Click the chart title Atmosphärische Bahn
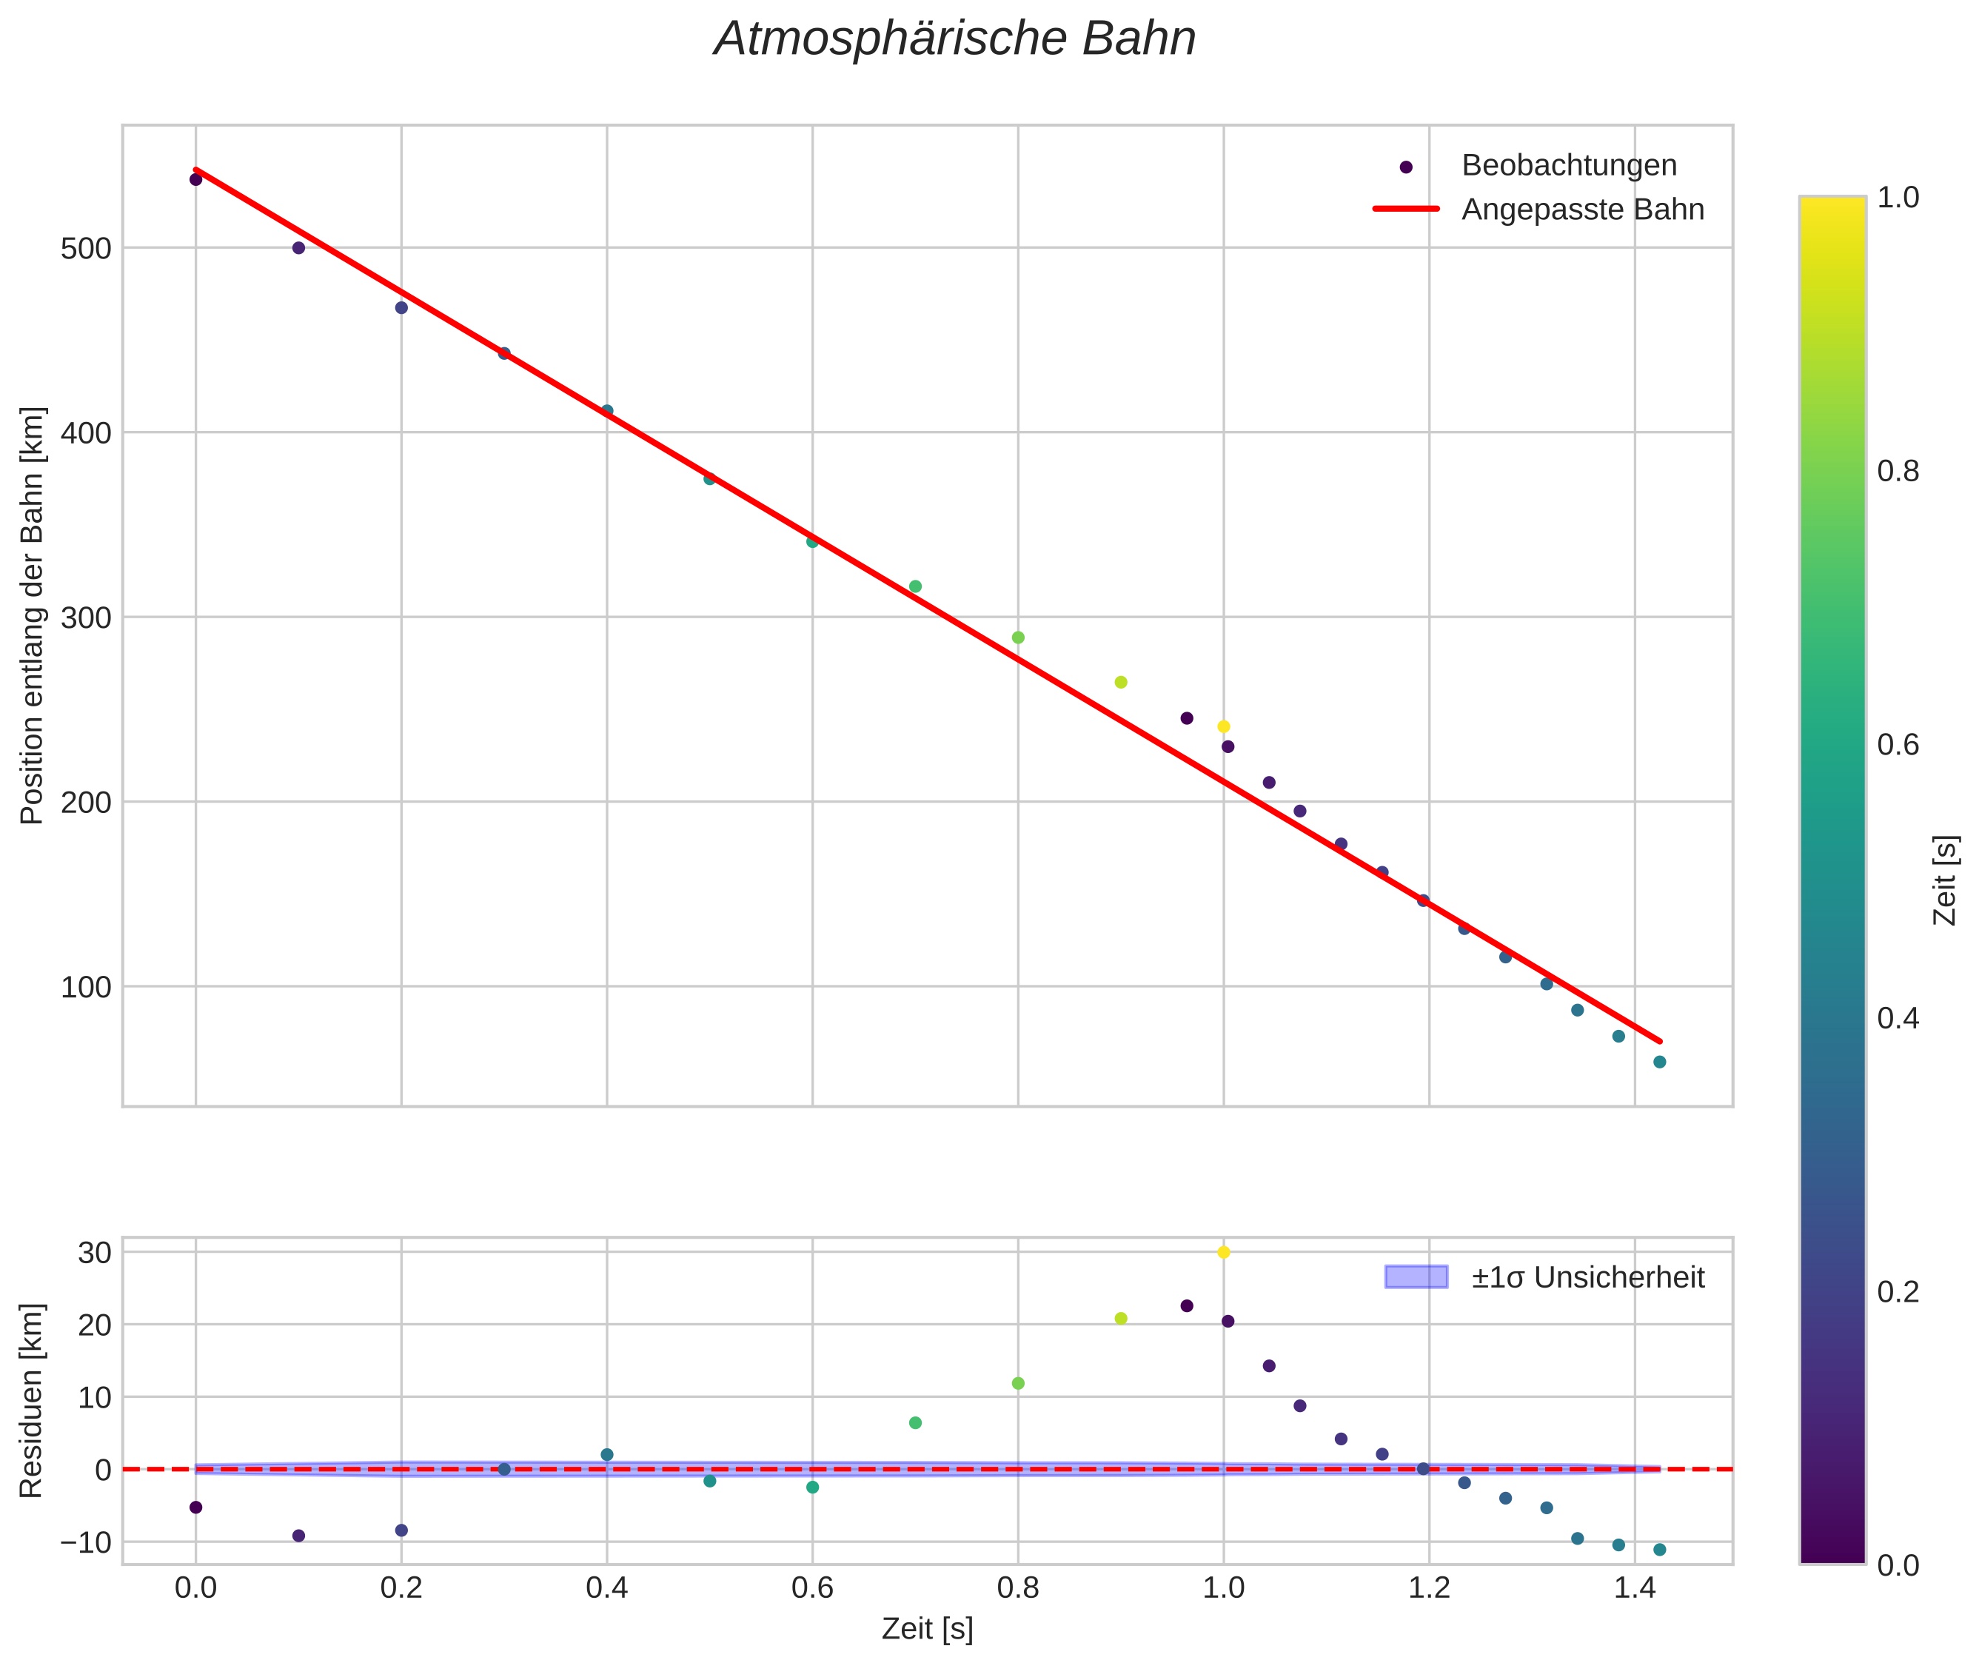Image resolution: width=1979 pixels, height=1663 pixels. (954, 39)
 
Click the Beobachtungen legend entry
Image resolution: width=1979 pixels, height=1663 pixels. (1568, 166)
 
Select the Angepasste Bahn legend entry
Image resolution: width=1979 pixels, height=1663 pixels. (1582, 210)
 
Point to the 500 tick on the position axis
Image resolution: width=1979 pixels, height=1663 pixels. (86, 249)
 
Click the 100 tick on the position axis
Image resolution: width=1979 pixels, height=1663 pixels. (86, 987)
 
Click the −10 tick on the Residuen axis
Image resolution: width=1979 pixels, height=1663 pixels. (86, 1542)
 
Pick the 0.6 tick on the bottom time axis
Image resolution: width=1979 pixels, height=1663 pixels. (811, 1587)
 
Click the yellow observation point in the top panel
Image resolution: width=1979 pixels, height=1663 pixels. (1224, 727)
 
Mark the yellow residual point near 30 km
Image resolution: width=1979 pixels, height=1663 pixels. (1224, 1252)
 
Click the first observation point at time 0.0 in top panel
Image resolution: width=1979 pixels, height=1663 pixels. (196, 179)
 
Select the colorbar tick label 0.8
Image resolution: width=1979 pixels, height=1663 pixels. (1897, 472)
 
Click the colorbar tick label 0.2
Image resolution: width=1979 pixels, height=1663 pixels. (1897, 1291)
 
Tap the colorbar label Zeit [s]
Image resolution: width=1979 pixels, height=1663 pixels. (1945, 880)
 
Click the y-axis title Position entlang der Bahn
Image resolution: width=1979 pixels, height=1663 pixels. (32, 615)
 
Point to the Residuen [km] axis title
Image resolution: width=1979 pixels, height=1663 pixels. (32, 1400)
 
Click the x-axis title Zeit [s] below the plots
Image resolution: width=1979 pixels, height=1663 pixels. (927, 1628)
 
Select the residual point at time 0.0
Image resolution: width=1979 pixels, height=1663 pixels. (196, 1508)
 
